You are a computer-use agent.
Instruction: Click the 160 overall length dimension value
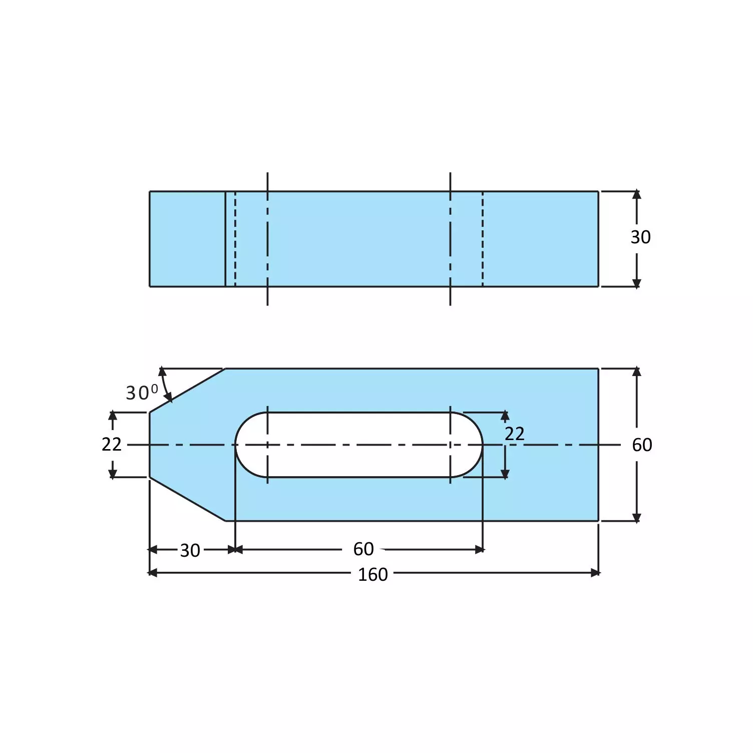[372, 574]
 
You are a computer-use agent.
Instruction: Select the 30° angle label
[142, 392]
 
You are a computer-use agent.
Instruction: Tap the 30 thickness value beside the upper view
[640, 237]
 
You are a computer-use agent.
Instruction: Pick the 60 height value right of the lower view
[641, 445]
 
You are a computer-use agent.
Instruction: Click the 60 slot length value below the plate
[363, 549]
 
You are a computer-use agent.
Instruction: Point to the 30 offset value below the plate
[190, 550]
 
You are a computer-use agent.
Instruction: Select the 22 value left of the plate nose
[111, 444]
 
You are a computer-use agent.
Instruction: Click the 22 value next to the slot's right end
[514, 434]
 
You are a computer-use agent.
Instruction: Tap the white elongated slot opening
[358, 431]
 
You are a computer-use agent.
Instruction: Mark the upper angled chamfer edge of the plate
[187, 391]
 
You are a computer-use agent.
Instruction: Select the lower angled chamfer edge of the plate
[187, 499]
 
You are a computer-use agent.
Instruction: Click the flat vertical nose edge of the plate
[150, 445]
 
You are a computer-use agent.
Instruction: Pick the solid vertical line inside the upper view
[225, 239]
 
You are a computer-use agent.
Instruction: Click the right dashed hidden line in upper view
[483, 239]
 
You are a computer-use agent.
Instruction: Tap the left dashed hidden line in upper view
[235, 239]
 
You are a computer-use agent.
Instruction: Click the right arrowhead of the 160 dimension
[595, 573]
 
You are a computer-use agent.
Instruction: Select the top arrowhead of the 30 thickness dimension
[636, 194]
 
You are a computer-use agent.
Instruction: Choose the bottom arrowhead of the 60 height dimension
[636, 517]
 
